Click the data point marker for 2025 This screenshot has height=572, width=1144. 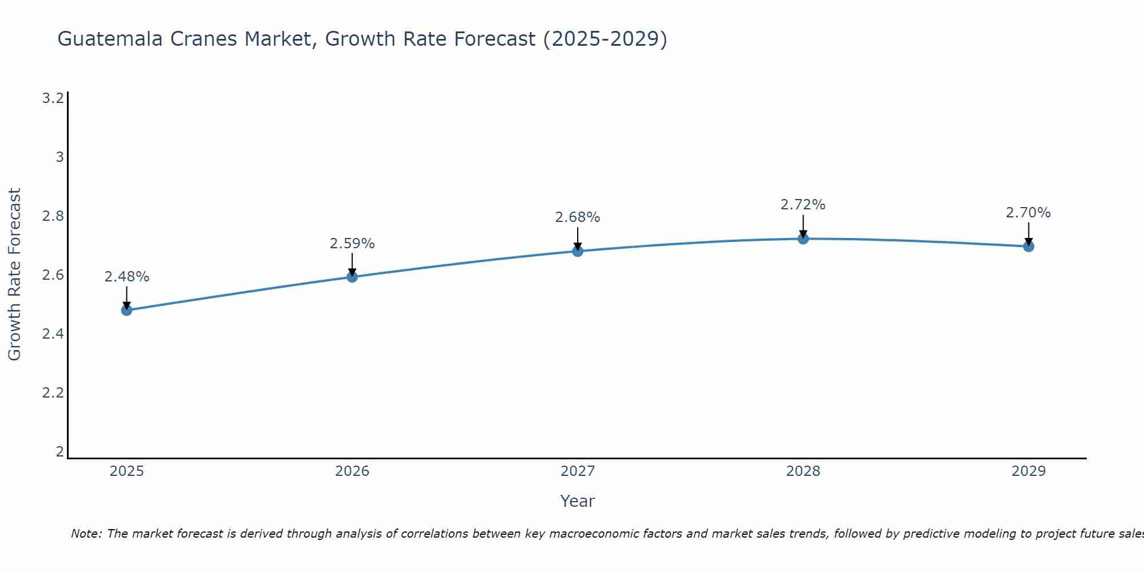click(126, 310)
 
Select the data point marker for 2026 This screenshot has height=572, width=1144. click(352, 277)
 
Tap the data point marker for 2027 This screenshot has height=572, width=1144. click(577, 251)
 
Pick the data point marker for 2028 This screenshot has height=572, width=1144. click(803, 239)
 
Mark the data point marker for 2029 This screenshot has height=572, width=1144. click(1028, 247)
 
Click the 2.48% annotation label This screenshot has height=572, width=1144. click(126, 277)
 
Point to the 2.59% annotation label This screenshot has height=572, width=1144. click(352, 244)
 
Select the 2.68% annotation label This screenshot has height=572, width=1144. click(577, 217)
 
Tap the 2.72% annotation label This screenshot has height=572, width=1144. click(803, 205)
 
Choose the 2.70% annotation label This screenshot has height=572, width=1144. click(1028, 213)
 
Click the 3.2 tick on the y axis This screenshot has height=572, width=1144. click(53, 98)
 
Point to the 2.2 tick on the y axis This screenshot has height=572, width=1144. click(53, 393)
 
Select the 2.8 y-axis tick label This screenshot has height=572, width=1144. click(53, 216)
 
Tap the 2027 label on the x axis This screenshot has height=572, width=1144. click(577, 471)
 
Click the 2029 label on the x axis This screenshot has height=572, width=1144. click(1028, 471)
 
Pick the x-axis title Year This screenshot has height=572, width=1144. click(577, 501)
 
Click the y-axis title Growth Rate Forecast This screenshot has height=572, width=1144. click(15, 274)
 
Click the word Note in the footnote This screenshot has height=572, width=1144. click(85, 534)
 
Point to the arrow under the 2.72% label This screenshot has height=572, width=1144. click(803, 226)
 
